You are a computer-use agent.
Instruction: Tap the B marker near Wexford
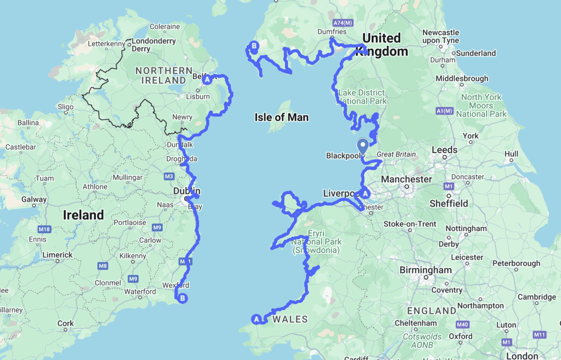point(183,297)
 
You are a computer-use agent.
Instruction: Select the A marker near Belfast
point(207,80)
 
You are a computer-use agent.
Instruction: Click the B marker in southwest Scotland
point(253,46)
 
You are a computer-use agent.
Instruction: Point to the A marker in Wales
point(256,319)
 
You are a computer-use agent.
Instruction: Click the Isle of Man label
point(281,117)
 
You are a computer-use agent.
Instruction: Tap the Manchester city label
point(407,179)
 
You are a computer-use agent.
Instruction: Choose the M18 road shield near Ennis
point(44,229)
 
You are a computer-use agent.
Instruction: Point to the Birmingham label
point(425,270)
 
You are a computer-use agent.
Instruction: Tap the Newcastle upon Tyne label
point(440,36)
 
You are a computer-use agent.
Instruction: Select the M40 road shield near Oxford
point(462,324)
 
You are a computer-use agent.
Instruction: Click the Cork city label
point(65,323)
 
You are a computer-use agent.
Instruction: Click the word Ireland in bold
point(83,215)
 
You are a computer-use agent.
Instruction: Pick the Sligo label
point(65,107)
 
